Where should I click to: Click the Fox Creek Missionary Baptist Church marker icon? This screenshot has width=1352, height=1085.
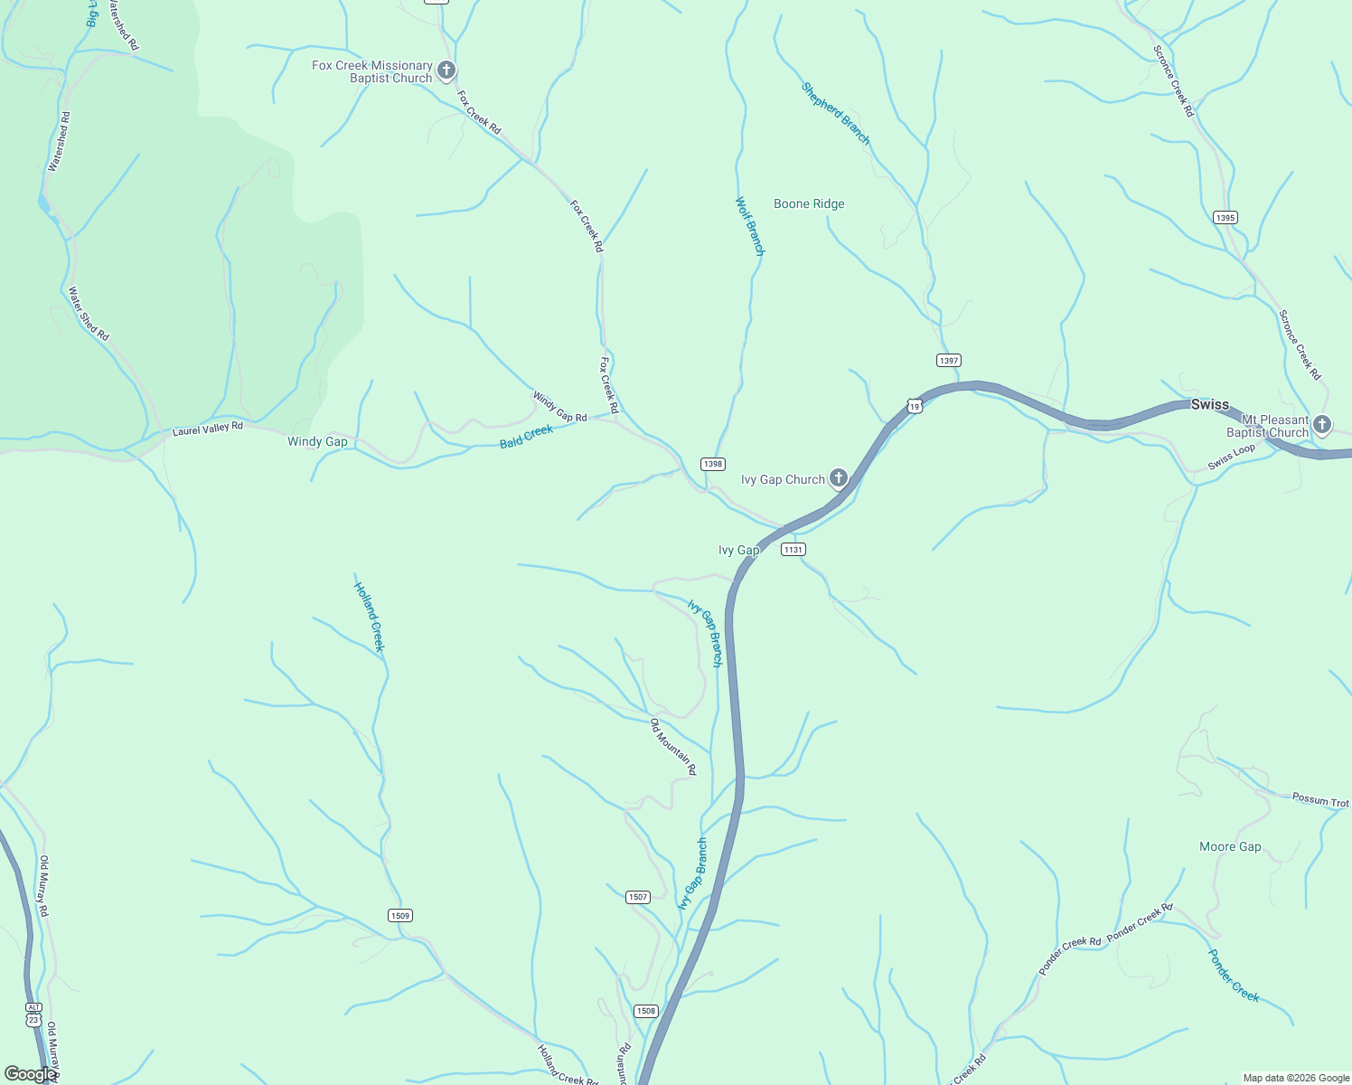(x=446, y=70)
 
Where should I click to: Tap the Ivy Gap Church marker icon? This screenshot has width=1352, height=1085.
(x=839, y=477)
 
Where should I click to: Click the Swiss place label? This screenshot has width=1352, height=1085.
(x=1209, y=404)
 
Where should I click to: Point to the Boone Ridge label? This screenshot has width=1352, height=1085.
(x=809, y=204)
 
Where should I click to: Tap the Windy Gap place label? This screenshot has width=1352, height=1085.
(x=317, y=442)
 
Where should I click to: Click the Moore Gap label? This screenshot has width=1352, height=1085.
(x=1229, y=847)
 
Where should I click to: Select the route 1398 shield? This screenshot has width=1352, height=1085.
(x=713, y=464)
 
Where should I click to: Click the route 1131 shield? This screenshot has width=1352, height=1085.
(x=793, y=550)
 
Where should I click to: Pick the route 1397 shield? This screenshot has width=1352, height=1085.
(x=948, y=361)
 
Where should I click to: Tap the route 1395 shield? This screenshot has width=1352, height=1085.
(x=1225, y=218)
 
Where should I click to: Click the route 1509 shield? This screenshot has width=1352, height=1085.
(x=400, y=916)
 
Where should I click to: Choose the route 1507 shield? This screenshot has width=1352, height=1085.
(x=638, y=897)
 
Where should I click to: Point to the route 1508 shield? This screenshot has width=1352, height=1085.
(x=645, y=1011)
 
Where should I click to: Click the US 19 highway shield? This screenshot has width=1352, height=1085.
(x=915, y=407)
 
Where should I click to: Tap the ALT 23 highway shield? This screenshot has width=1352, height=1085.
(x=33, y=1014)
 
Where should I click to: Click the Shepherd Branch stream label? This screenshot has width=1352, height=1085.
(x=836, y=114)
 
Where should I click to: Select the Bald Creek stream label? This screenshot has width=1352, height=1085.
(x=526, y=437)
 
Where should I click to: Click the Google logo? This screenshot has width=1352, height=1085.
(x=30, y=1074)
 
